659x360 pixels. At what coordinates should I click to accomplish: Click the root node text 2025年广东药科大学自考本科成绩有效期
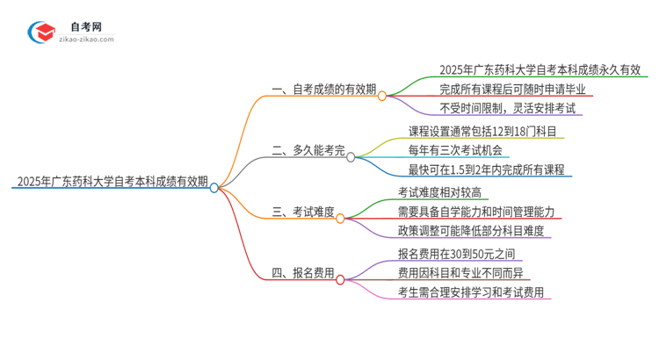[111, 183]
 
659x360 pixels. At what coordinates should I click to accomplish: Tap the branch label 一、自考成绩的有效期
[322, 90]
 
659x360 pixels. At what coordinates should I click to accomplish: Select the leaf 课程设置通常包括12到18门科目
[483, 132]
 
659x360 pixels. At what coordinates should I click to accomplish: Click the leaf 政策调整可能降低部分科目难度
[471, 231]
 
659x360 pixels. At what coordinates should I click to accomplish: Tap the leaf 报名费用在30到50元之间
[455, 254]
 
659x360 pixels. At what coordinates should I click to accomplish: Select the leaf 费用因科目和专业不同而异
[460, 273]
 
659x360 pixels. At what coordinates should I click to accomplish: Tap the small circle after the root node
[214, 187]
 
